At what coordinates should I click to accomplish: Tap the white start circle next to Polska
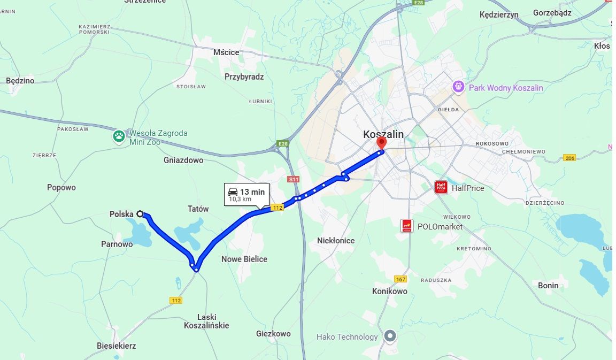pos(140,214)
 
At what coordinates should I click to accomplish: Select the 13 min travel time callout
pos(247,195)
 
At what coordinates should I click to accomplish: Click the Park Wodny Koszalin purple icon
pos(458,87)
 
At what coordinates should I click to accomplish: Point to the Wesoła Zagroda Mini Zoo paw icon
pos(119,136)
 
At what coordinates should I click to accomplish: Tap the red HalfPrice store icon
pos(441,188)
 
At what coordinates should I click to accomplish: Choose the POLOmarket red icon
pos(407,226)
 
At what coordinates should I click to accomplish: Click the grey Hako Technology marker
pos(391,336)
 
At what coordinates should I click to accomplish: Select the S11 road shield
pos(293,179)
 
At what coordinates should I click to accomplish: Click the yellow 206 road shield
pos(569,158)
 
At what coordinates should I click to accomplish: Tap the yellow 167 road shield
pos(401,279)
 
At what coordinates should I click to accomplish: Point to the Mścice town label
pos(226,52)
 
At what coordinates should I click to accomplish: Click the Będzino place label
pos(20,81)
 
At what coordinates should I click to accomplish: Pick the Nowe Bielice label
pos(244,259)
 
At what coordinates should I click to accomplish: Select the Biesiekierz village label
pos(117,346)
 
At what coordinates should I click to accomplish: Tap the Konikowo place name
pos(390,291)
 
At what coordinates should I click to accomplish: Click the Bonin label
pos(548,285)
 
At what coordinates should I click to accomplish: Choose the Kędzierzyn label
pos(499,14)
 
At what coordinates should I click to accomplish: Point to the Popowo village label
pos(61,187)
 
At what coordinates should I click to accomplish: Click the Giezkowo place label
pos(273,333)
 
